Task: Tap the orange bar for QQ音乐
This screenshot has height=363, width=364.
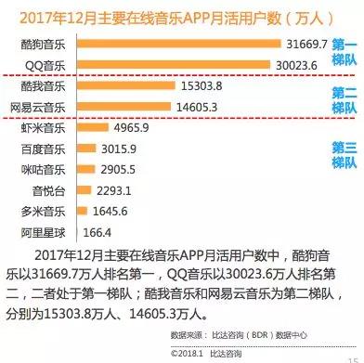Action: tap(172, 65)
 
